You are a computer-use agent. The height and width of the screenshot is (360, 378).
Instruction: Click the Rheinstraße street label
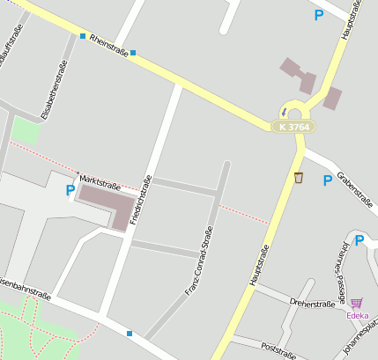tap(107, 48)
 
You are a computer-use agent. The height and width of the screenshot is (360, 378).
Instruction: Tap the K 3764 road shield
tap(293, 128)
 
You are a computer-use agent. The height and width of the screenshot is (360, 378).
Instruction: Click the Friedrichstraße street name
tap(141, 199)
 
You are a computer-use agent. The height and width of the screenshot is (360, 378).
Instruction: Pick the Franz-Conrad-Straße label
tap(199, 261)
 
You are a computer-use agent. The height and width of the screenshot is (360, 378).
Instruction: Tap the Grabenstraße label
tap(356, 187)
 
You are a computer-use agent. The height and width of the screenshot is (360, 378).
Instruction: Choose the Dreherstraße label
tap(312, 303)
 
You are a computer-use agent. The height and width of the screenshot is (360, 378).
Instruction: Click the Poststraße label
tap(278, 349)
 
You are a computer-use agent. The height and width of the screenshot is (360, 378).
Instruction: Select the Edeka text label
tap(357, 315)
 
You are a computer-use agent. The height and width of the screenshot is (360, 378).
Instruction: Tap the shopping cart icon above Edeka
tap(356, 303)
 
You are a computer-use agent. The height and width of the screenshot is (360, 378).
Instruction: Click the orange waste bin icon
tap(299, 178)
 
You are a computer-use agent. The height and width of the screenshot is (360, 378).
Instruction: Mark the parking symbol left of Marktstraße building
tap(70, 189)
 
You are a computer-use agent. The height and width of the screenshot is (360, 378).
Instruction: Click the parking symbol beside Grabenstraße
tap(328, 180)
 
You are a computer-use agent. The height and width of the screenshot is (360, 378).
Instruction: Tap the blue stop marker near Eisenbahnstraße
tap(130, 334)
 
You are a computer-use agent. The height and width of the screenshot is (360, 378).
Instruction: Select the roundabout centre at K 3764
tap(294, 114)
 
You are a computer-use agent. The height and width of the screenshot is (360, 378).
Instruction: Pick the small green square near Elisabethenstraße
tap(26, 130)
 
